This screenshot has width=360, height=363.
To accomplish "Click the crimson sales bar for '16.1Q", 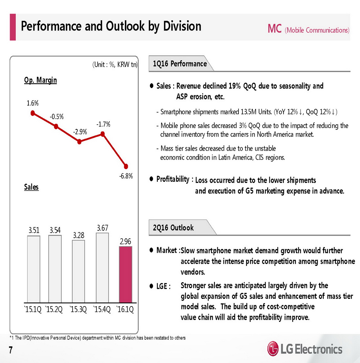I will pos(125,274).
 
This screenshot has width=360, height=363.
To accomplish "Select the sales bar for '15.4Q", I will pos(102,268).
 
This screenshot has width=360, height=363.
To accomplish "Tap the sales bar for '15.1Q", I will pos(34,269).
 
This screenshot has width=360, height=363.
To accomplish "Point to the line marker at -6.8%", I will pos(126,166).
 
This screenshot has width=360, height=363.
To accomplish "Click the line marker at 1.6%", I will pos(33,113).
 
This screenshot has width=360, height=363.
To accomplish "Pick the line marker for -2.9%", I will pos(79,142).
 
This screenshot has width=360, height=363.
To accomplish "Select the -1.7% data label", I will pos(103,124).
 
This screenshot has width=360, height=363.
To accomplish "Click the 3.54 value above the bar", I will pos(55,231).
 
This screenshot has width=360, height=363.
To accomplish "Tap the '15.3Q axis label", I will pos(78,310).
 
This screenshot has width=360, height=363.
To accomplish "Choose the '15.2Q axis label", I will pos(54,310).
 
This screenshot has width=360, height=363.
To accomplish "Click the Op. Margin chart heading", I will pos(41,80).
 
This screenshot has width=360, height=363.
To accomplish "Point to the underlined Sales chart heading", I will pos(31,187).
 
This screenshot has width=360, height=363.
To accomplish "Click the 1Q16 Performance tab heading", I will pos(180,64).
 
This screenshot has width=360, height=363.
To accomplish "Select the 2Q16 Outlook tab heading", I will pos(173,228).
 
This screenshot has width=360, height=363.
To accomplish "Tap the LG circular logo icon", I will pos(273,349).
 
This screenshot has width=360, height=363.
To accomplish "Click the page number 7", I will pos(11,350).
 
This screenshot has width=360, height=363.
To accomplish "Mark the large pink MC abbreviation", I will pos(274,29).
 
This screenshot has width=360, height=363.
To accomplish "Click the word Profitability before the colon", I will pos(173,179).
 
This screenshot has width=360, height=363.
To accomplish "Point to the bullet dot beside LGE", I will pos(151,286).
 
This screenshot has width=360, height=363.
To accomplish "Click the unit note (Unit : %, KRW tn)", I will pos(115,64).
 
